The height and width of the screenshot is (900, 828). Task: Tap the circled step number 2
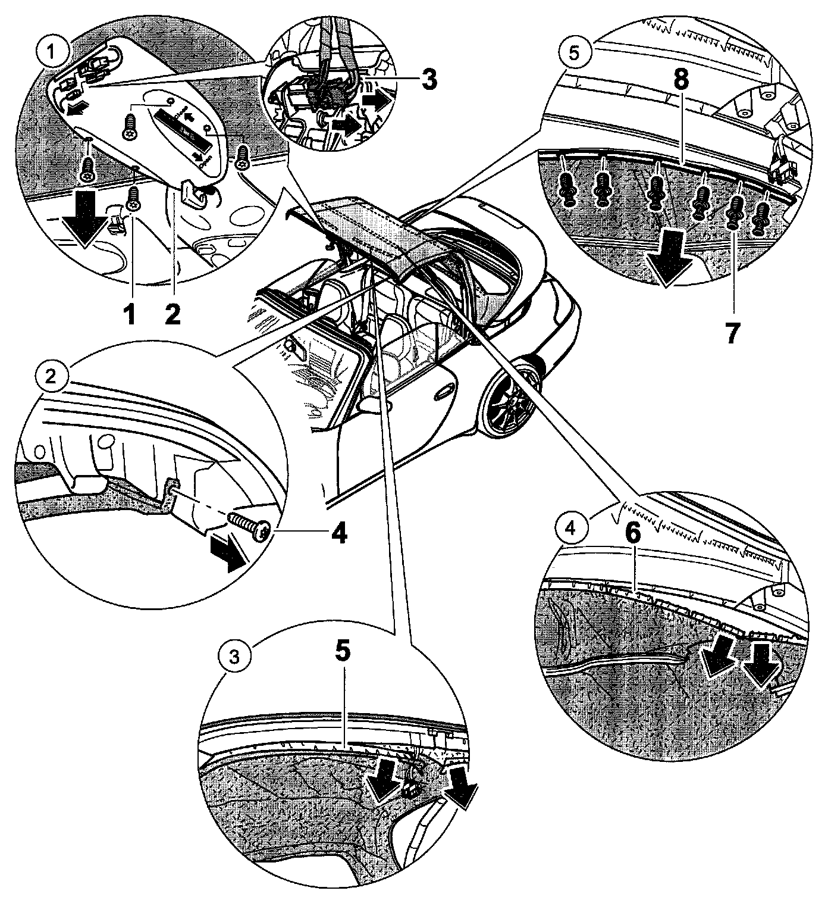click(x=52, y=376)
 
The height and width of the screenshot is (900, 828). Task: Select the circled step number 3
click(x=234, y=657)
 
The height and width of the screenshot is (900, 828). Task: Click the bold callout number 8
click(x=679, y=82)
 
